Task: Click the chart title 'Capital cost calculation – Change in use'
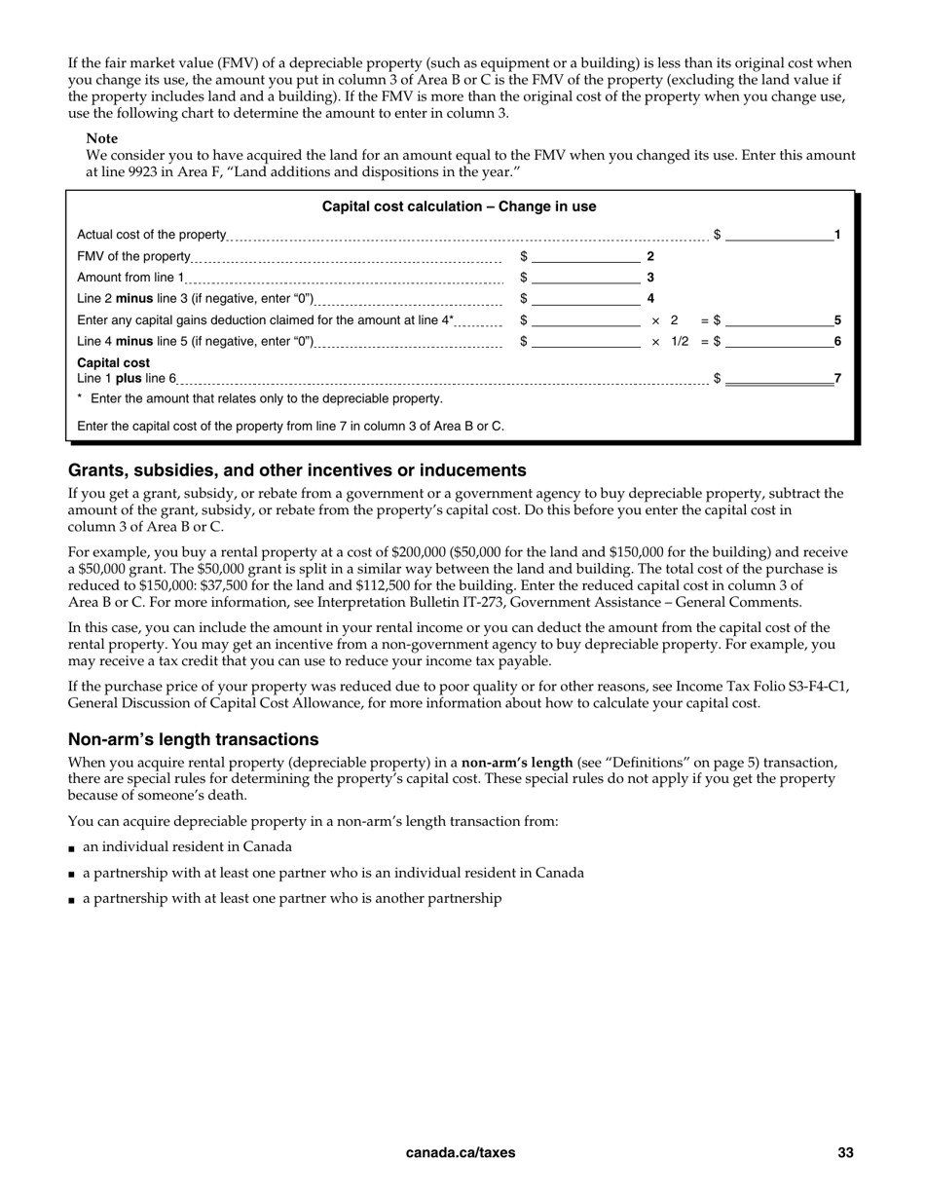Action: click(459, 206)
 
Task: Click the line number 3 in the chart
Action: click(650, 278)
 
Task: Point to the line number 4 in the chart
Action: click(650, 299)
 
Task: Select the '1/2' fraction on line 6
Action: click(680, 342)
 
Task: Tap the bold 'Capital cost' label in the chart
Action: click(113, 363)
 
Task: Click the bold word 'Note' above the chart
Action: click(102, 138)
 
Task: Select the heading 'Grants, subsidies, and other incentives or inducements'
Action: click(297, 470)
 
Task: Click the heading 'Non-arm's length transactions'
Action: click(193, 739)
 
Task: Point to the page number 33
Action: click(845, 1153)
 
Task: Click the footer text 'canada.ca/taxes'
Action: click(461, 1153)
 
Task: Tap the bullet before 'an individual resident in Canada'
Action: click(72, 848)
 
